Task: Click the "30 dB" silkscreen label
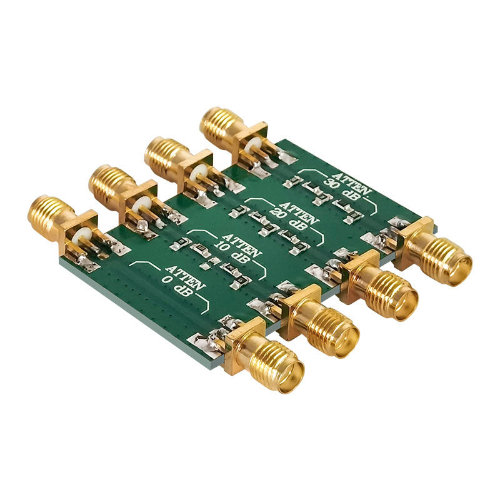click(x=341, y=191)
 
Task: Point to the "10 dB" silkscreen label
click(x=232, y=251)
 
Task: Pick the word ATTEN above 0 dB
click(x=185, y=277)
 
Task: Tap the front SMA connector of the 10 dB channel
click(x=320, y=321)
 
